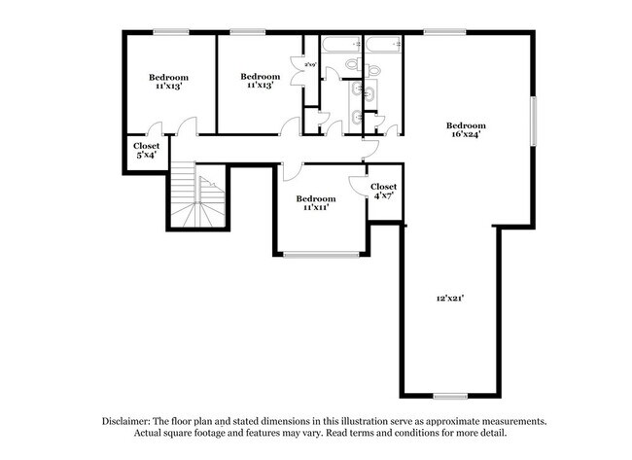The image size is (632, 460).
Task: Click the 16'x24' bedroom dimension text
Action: [466, 135]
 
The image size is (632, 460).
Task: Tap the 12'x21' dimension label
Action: [449, 300]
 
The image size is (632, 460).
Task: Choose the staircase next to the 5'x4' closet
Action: [198, 198]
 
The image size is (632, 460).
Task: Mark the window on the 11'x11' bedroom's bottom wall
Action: [323, 256]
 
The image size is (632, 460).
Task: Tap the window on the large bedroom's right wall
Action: [532, 122]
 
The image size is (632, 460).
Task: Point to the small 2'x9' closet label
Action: [310, 64]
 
